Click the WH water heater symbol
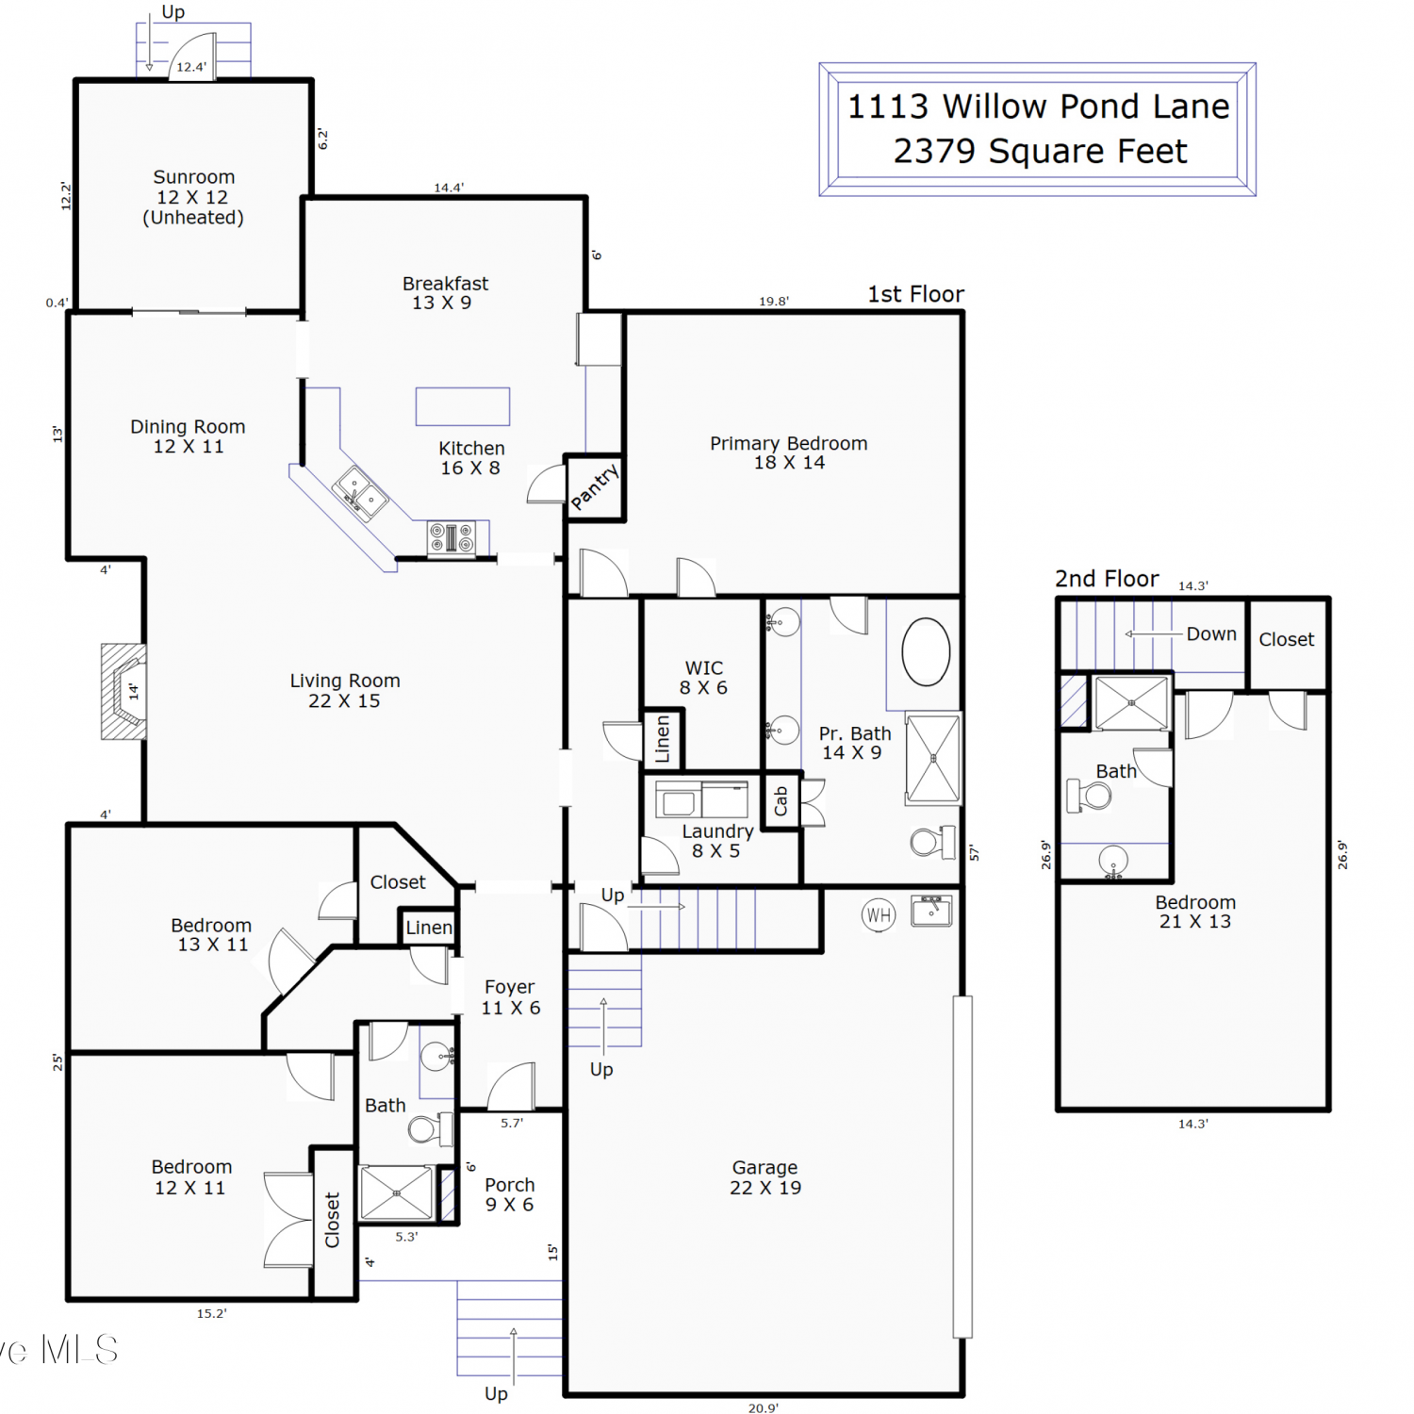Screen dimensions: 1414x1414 (879, 914)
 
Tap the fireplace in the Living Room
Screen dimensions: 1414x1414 (123, 692)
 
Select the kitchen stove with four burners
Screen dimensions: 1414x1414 (452, 538)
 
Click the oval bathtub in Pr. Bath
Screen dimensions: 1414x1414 (926, 651)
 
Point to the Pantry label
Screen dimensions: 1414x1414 (595, 486)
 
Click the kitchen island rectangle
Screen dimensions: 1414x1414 (463, 406)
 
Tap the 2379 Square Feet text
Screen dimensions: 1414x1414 (1040, 151)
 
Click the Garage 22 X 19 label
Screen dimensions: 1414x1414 (765, 1177)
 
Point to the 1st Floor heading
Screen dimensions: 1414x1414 (915, 294)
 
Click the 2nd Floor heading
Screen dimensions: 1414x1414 (1107, 579)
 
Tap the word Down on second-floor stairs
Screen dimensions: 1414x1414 (1211, 634)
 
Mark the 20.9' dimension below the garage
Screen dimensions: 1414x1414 (764, 1407)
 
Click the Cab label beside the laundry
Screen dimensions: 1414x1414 (781, 801)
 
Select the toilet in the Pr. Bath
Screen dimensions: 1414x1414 (933, 841)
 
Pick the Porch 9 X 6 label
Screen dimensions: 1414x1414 (510, 1194)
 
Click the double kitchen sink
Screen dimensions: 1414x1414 (359, 492)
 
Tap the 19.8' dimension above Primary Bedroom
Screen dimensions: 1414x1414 (774, 302)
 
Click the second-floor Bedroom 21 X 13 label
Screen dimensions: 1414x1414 (1195, 912)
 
